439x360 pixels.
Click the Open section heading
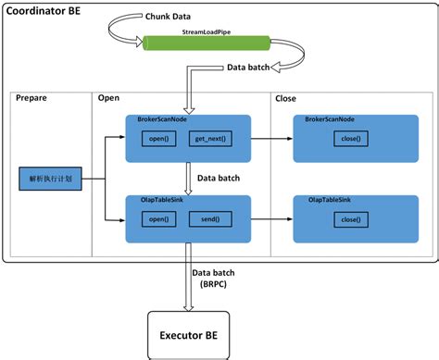tap(108, 98)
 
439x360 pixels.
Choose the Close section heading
tap(286, 98)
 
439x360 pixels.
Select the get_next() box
tap(209, 139)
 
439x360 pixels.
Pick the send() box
tap(209, 219)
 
